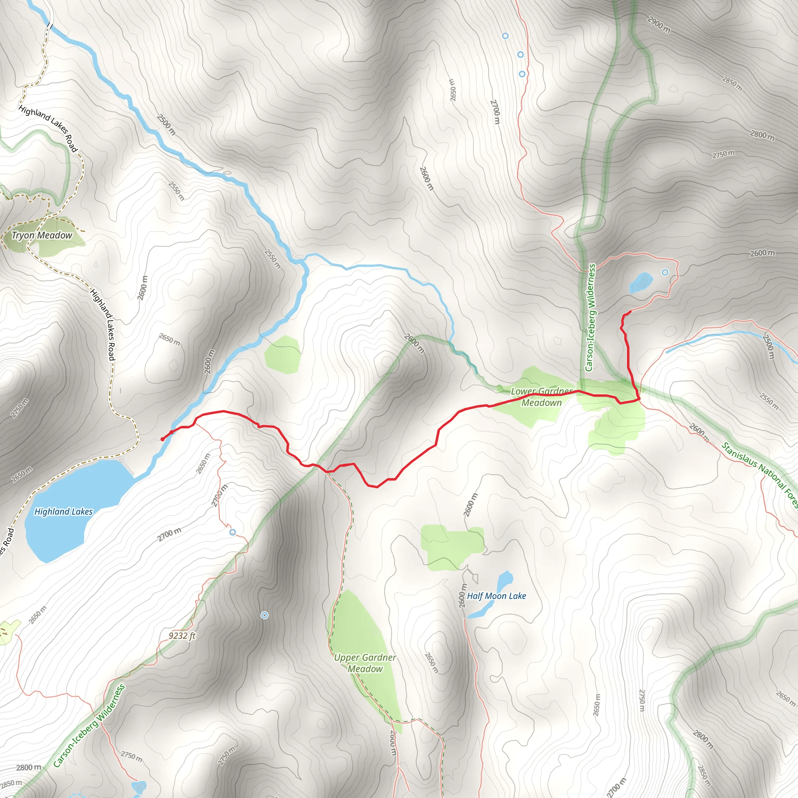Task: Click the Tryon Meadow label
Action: tap(42, 235)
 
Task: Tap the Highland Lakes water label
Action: tap(64, 511)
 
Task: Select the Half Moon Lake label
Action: tap(496, 596)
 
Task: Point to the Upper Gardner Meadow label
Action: tap(365, 663)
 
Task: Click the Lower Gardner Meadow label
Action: tap(542, 397)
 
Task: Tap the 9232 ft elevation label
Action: tap(182, 636)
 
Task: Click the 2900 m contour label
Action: tap(659, 25)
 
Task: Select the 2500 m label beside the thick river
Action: tap(166, 125)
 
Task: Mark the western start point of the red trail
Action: tap(162, 439)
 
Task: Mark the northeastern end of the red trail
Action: tap(630, 311)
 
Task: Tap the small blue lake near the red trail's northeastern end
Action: tap(641, 282)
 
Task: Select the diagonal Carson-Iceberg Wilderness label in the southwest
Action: tap(89, 725)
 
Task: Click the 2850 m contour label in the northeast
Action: tap(732, 83)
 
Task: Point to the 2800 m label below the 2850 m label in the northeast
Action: tap(762, 135)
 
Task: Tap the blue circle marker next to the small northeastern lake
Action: tap(665, 272)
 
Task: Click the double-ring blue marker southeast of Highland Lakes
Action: tap(265, 615)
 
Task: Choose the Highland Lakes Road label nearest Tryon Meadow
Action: tap(48, 129)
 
